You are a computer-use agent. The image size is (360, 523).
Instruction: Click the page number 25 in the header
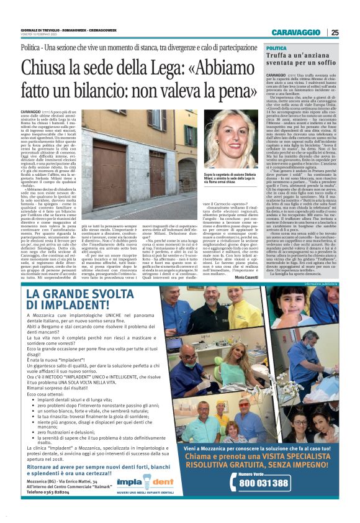pyautogui.click(x=335, y=33)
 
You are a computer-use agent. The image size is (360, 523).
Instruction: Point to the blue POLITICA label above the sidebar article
pyautogui.click(x=276, y=48)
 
